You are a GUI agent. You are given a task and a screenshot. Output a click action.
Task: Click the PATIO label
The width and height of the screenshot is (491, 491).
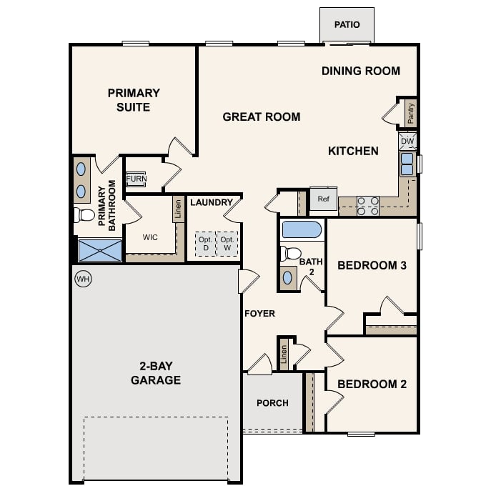click(347, 25)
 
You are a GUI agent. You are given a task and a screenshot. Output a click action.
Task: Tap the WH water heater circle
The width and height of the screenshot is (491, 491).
click(83, 278)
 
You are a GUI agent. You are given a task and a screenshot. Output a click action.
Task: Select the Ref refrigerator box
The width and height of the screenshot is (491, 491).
click(323, 199)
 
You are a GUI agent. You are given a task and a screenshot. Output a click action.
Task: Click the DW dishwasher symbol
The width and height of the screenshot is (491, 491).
click(407, 142)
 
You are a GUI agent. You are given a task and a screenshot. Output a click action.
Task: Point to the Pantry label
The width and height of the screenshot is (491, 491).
click(411, 114)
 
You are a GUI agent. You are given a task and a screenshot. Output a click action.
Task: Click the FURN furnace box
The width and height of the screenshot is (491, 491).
click(136, 179)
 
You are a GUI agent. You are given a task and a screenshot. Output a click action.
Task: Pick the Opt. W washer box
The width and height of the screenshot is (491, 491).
click(228, 244)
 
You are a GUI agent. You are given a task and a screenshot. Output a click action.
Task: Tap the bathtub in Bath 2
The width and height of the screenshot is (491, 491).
click(302, 230)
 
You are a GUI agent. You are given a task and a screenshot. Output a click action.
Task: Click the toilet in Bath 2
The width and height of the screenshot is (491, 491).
click(291, 253)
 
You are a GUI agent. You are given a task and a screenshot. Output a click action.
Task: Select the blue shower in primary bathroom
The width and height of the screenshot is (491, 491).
click(100, 251)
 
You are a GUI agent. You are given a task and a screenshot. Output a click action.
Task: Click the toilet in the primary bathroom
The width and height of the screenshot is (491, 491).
click(84, 214)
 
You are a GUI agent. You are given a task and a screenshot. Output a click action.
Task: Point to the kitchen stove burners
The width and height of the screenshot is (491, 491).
click(367, 206)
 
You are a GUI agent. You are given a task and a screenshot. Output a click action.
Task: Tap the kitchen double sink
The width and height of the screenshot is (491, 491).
click(407, 164)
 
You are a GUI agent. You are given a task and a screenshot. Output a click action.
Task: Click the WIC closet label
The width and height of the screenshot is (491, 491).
click(150, 237)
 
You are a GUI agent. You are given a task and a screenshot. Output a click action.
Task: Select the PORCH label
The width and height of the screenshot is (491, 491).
click(272, 403)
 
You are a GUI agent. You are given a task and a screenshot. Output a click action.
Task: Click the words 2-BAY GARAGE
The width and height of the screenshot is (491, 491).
click(155, 373)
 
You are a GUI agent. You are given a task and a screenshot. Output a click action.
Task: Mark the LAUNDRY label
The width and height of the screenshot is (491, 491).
click(212, 202)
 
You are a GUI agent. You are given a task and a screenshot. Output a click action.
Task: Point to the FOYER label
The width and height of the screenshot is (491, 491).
click(259, 313)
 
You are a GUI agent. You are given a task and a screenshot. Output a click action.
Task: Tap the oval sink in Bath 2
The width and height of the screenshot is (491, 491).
click(287, 277)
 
